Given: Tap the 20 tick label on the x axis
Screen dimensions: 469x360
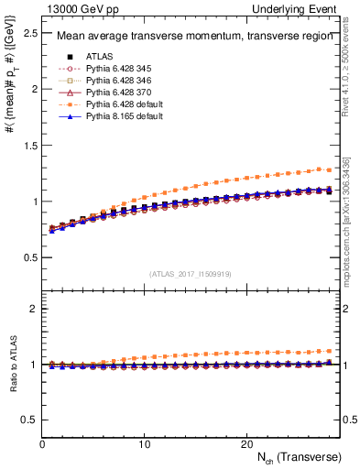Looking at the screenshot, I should coord(245,442).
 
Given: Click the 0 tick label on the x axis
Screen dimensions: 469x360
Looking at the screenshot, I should coord(43,442).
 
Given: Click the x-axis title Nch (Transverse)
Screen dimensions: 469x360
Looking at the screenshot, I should coord(300,455).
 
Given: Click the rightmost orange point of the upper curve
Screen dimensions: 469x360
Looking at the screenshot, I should coord(329,169).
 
